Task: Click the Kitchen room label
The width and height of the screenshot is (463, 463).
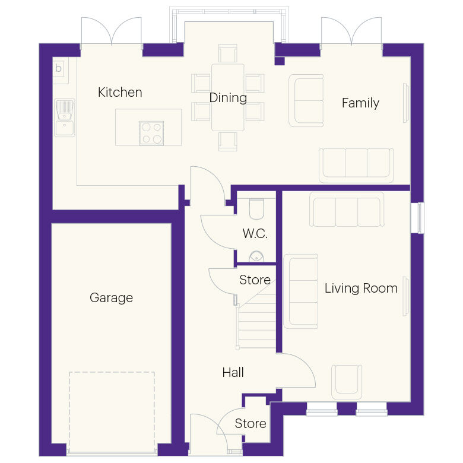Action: point(120,93)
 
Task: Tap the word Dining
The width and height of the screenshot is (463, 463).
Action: point(228,98)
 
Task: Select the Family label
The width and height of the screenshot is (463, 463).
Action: point(360,103)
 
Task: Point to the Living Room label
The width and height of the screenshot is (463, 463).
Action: point(361,288)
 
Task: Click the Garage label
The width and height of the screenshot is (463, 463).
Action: point(111,298)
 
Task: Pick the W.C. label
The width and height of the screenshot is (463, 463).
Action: point(255,234)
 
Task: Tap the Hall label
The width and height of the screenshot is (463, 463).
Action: point(233,373)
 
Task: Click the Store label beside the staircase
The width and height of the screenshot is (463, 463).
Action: point(255,280)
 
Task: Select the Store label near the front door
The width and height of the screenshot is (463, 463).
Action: point(250,424)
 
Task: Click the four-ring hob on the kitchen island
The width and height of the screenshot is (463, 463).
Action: point(151,133)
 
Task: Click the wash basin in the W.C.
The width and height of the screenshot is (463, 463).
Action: point(256,256)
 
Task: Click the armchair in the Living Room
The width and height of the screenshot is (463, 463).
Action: point(346,381)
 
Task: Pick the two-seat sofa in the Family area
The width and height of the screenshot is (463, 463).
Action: point(306,100)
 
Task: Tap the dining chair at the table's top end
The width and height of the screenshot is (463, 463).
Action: point(228,53)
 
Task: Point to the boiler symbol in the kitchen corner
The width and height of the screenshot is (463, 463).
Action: point(58,68)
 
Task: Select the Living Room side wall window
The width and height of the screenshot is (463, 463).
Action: point(421,218)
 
